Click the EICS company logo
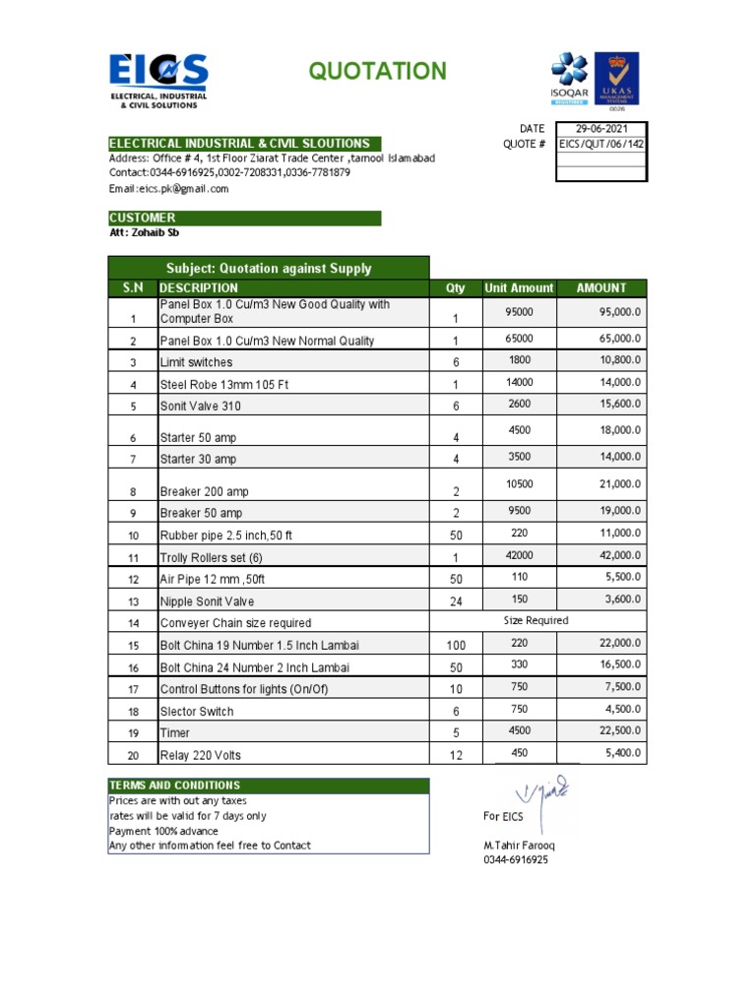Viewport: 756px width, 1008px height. [x=158, y=80]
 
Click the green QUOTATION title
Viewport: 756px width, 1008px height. [x=377, y=71]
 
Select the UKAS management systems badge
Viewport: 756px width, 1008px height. [x=616, y=80]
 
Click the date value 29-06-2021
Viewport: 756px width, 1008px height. [x=601, y=129]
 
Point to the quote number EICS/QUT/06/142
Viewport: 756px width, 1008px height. [x=601, y=144]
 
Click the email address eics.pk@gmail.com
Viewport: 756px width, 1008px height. [x=168, y=188]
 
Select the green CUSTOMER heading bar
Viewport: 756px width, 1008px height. [x=244, y=218]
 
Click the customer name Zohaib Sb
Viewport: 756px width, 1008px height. [x=144, y=233]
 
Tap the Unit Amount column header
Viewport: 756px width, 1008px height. [x=519, y=287]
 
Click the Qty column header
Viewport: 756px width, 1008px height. [x=456, y=287]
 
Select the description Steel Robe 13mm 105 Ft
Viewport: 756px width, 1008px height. [x=223, y=384]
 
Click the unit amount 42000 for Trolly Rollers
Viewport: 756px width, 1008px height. [x=519, y=555]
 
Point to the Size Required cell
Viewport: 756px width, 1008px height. [x=535, y=621]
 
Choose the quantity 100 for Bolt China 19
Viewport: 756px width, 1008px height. [x=456, y=646]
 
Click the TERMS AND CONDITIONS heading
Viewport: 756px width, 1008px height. [x=174, y=786]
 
